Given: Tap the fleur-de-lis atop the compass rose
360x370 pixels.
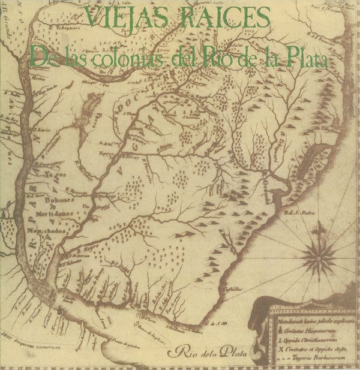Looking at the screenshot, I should pos(323,228).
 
